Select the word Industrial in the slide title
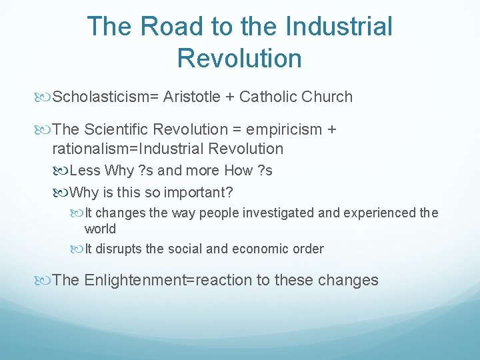tap(338, 27)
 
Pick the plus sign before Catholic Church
tap(230, 97)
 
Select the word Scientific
tap(119, 129)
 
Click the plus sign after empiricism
tap(331, 130)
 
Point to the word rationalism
tap(89, 148)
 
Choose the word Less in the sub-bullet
tap(85, 171)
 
